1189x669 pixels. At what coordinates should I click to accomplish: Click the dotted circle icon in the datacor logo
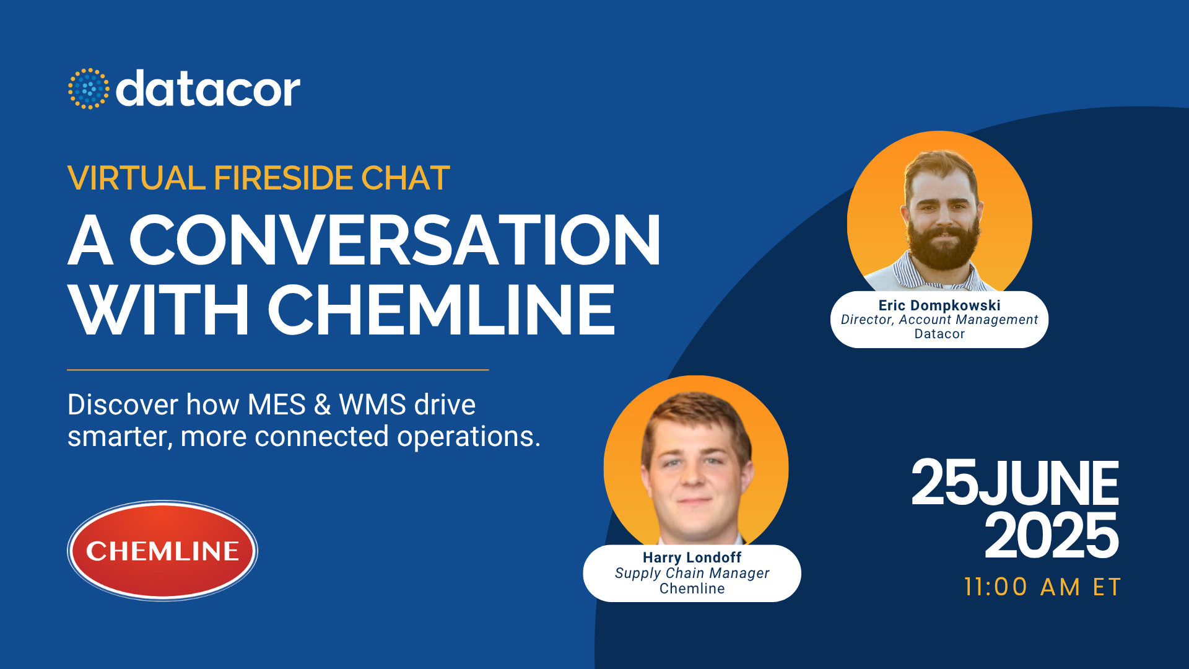[x=89, y=89]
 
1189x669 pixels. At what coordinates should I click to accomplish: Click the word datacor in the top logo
[x=208, y=89]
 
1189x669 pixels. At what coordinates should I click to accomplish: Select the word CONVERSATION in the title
[x=395, y=240]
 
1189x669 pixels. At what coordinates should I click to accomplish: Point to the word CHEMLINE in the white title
[x=442, y=310]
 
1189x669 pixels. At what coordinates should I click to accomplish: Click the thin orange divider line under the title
[x=278, y=370]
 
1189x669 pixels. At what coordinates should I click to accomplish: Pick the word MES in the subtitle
[x=277, y=405]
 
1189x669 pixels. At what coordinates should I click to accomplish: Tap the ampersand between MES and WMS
[x=322, y=405]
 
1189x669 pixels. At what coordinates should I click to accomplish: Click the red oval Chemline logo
[x=162, y=551]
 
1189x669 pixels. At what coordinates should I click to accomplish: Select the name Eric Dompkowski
[x=939, y=305]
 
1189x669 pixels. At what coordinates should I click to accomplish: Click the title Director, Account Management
[x=939, y=320]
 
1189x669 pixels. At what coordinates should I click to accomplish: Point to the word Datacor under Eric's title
[x=939, y=334]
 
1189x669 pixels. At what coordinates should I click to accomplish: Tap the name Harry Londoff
[x=692, y=557]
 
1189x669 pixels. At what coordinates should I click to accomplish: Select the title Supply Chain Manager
[x=692, y=574]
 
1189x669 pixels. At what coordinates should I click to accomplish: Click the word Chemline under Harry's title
[x=692, y=588]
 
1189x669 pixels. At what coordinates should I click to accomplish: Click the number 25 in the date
[x=944, y=483]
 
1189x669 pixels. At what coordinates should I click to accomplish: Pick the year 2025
[x=1052, y=535]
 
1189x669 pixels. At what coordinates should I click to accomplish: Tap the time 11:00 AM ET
[x=1042, y=587]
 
